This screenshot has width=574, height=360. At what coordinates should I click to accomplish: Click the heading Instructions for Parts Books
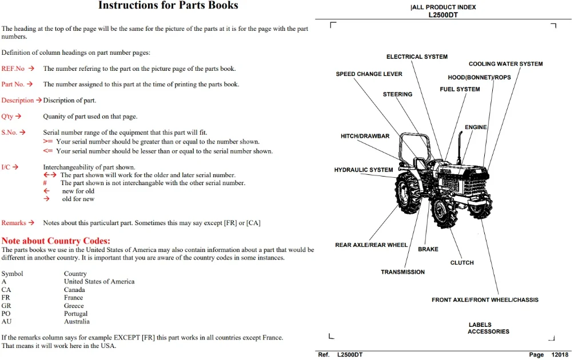[168, 5]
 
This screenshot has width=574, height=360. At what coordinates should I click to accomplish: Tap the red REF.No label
[13, 69]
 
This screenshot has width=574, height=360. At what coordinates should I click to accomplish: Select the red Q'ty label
[7, 117]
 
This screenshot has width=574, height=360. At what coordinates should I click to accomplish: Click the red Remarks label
[14, 223]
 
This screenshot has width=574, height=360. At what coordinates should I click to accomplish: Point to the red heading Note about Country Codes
[55, 241]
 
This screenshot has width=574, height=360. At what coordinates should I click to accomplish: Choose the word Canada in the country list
[74, 289]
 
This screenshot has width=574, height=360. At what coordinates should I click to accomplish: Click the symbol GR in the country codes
[6, 306]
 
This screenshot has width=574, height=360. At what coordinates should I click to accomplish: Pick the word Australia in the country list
[77, 322]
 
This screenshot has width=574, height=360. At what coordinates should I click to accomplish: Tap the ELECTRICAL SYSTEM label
[417, 57]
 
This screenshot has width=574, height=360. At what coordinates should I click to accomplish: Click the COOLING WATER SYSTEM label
[505, 63]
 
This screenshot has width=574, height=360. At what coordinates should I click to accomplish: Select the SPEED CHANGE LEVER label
[369, 74]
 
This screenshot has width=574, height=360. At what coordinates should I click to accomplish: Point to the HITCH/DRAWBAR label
[365, 136]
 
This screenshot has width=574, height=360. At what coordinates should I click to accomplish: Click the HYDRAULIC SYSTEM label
[364, 170]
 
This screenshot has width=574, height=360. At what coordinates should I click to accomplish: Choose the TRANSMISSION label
[402, 272]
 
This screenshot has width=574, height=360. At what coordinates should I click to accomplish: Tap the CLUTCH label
[462, 263]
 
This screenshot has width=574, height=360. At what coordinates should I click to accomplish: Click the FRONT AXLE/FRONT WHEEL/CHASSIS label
[485, 299]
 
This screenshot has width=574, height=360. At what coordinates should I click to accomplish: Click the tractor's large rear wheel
[408, 193]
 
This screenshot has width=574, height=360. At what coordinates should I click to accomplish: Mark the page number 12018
[560, 354]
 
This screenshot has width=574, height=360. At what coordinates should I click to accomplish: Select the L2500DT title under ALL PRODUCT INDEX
[443, 15]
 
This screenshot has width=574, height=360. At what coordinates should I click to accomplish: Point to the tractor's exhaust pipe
[460, 146]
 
